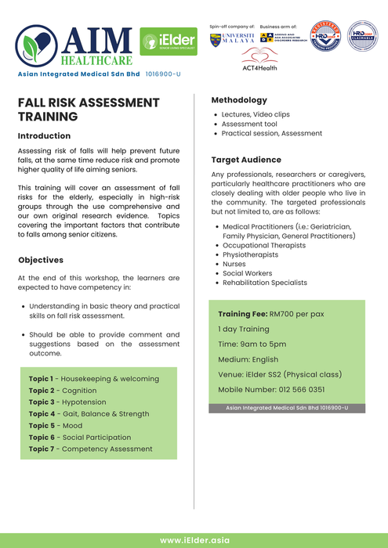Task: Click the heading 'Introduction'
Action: coord(44,136)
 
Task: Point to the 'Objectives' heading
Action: coord(41,260)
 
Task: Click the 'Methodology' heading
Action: coord(239,100)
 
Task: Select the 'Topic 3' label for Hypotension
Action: coord(41,402)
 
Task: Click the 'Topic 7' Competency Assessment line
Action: coord(91,449)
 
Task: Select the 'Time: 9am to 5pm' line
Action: coord(252,344)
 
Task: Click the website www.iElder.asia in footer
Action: coord(194,540)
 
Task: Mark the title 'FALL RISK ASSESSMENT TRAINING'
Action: coord(89,110)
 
